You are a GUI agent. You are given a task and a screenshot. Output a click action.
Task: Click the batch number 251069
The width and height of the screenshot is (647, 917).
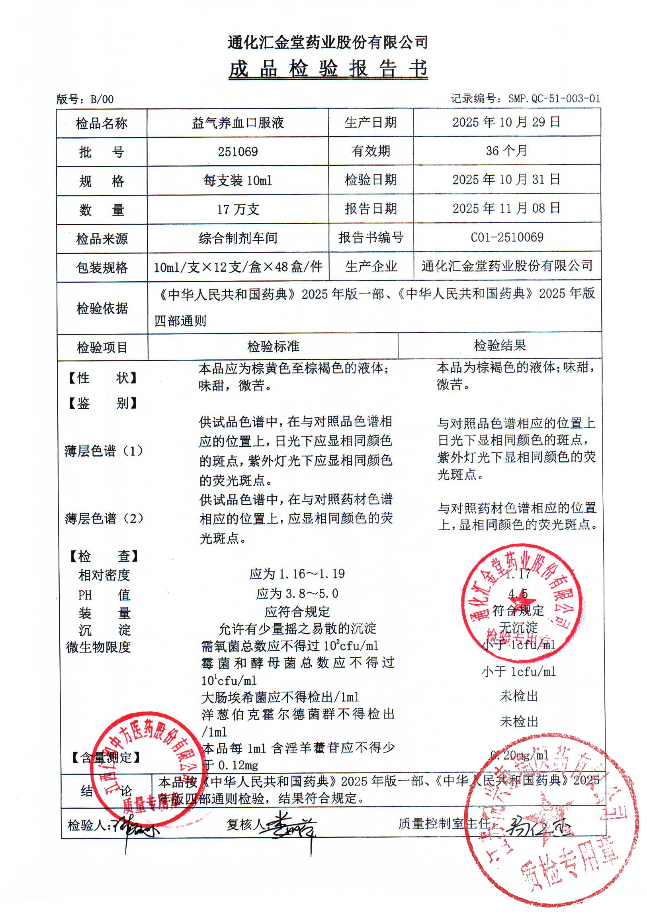(237, 152)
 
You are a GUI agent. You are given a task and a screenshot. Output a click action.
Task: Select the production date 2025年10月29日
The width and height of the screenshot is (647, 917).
(506, 122)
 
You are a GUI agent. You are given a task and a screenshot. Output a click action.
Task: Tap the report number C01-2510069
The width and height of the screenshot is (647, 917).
(506, 237)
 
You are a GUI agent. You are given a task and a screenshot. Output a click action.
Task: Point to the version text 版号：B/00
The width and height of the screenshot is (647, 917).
(85, 100)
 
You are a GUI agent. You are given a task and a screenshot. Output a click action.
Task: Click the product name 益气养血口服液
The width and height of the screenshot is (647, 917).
(237, 123)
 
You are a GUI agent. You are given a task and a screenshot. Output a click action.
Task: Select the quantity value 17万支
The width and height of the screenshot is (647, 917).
(237, 209)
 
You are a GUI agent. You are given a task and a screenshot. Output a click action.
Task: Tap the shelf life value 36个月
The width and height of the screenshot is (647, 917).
(506, 151)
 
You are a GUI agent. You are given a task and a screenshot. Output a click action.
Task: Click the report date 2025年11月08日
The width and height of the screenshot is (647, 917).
(506, 208)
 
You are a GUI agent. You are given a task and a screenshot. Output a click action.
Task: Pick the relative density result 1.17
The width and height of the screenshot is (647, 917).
(518, 574)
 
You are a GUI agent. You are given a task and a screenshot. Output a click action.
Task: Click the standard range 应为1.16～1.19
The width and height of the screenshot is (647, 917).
(297, 574)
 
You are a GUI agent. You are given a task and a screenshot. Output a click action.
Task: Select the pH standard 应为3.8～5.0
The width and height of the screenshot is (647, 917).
(297, 594)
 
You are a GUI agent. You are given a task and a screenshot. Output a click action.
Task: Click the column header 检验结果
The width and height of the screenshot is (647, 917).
(499, 345)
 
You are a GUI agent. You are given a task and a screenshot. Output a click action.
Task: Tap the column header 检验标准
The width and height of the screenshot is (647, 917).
(273, 346)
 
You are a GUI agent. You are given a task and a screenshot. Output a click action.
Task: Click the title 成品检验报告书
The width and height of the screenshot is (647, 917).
(328, 69)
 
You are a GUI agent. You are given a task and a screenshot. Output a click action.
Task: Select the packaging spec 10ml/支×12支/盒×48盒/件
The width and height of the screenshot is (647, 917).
(238, 267)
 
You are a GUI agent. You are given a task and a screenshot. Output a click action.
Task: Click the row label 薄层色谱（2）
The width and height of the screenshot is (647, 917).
(104, 518)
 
